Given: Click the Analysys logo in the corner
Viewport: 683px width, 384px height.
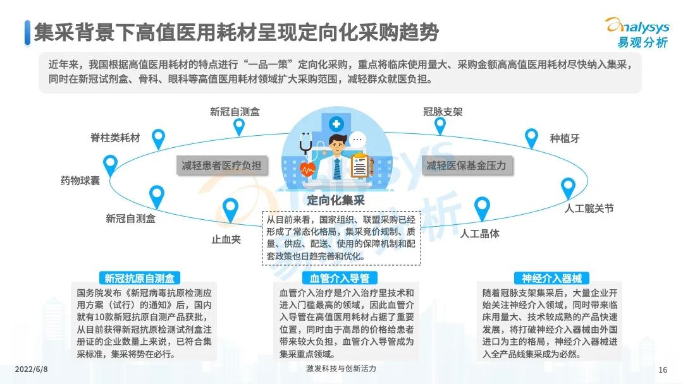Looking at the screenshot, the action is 638,33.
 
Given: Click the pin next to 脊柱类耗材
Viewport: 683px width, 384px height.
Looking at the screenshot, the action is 158,139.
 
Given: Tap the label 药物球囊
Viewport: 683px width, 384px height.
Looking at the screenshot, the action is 80,181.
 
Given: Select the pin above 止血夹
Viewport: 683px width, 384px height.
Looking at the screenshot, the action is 230,210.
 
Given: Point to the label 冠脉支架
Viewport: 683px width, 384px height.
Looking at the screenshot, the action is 443,112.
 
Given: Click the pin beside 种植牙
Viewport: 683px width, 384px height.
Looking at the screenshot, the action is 531,138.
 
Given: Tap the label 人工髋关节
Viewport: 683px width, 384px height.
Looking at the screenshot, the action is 589,208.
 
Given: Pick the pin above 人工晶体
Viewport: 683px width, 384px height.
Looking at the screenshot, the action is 482,209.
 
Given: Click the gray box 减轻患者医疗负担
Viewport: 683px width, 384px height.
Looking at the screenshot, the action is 221,165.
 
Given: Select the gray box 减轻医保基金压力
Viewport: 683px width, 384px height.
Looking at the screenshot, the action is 467,165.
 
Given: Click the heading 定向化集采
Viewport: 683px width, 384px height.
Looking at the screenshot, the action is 335,200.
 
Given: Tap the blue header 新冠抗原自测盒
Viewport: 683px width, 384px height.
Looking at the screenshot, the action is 139,278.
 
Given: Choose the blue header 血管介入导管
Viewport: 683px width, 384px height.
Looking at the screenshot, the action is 340,278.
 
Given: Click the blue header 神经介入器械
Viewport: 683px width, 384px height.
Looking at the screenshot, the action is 551,278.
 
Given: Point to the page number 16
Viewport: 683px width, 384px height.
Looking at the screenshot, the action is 663,370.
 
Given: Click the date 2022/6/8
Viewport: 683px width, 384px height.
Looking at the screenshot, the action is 32,369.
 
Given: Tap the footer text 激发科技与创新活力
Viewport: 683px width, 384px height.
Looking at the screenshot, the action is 341,369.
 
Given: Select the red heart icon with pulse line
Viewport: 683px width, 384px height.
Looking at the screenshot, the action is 307,169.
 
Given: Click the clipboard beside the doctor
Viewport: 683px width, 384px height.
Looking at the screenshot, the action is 360,165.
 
